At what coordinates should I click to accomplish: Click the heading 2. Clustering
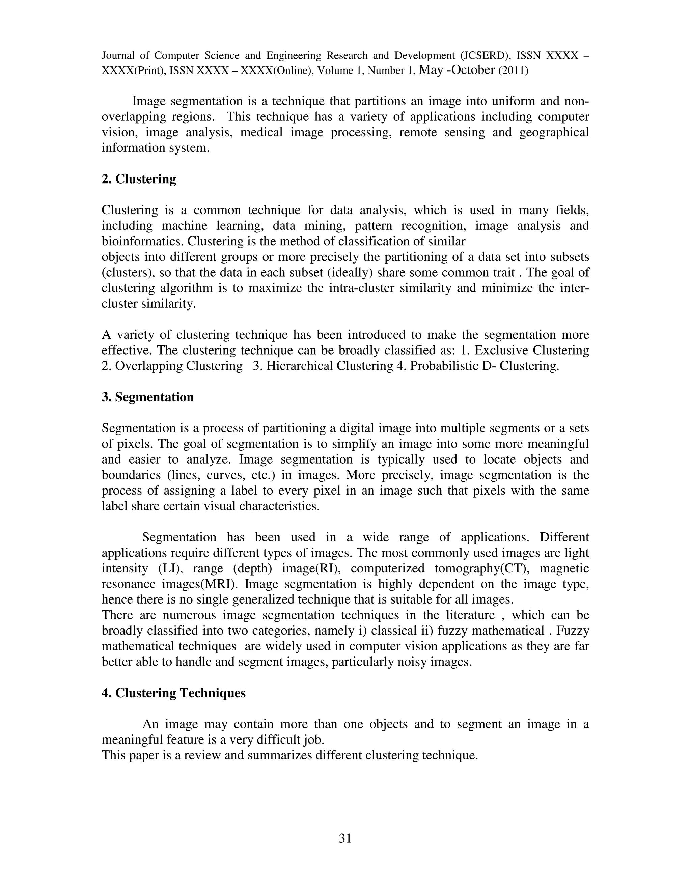coord(139,179)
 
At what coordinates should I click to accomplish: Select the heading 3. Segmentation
coord(147,397)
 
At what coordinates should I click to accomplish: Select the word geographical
coord(554,133)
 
